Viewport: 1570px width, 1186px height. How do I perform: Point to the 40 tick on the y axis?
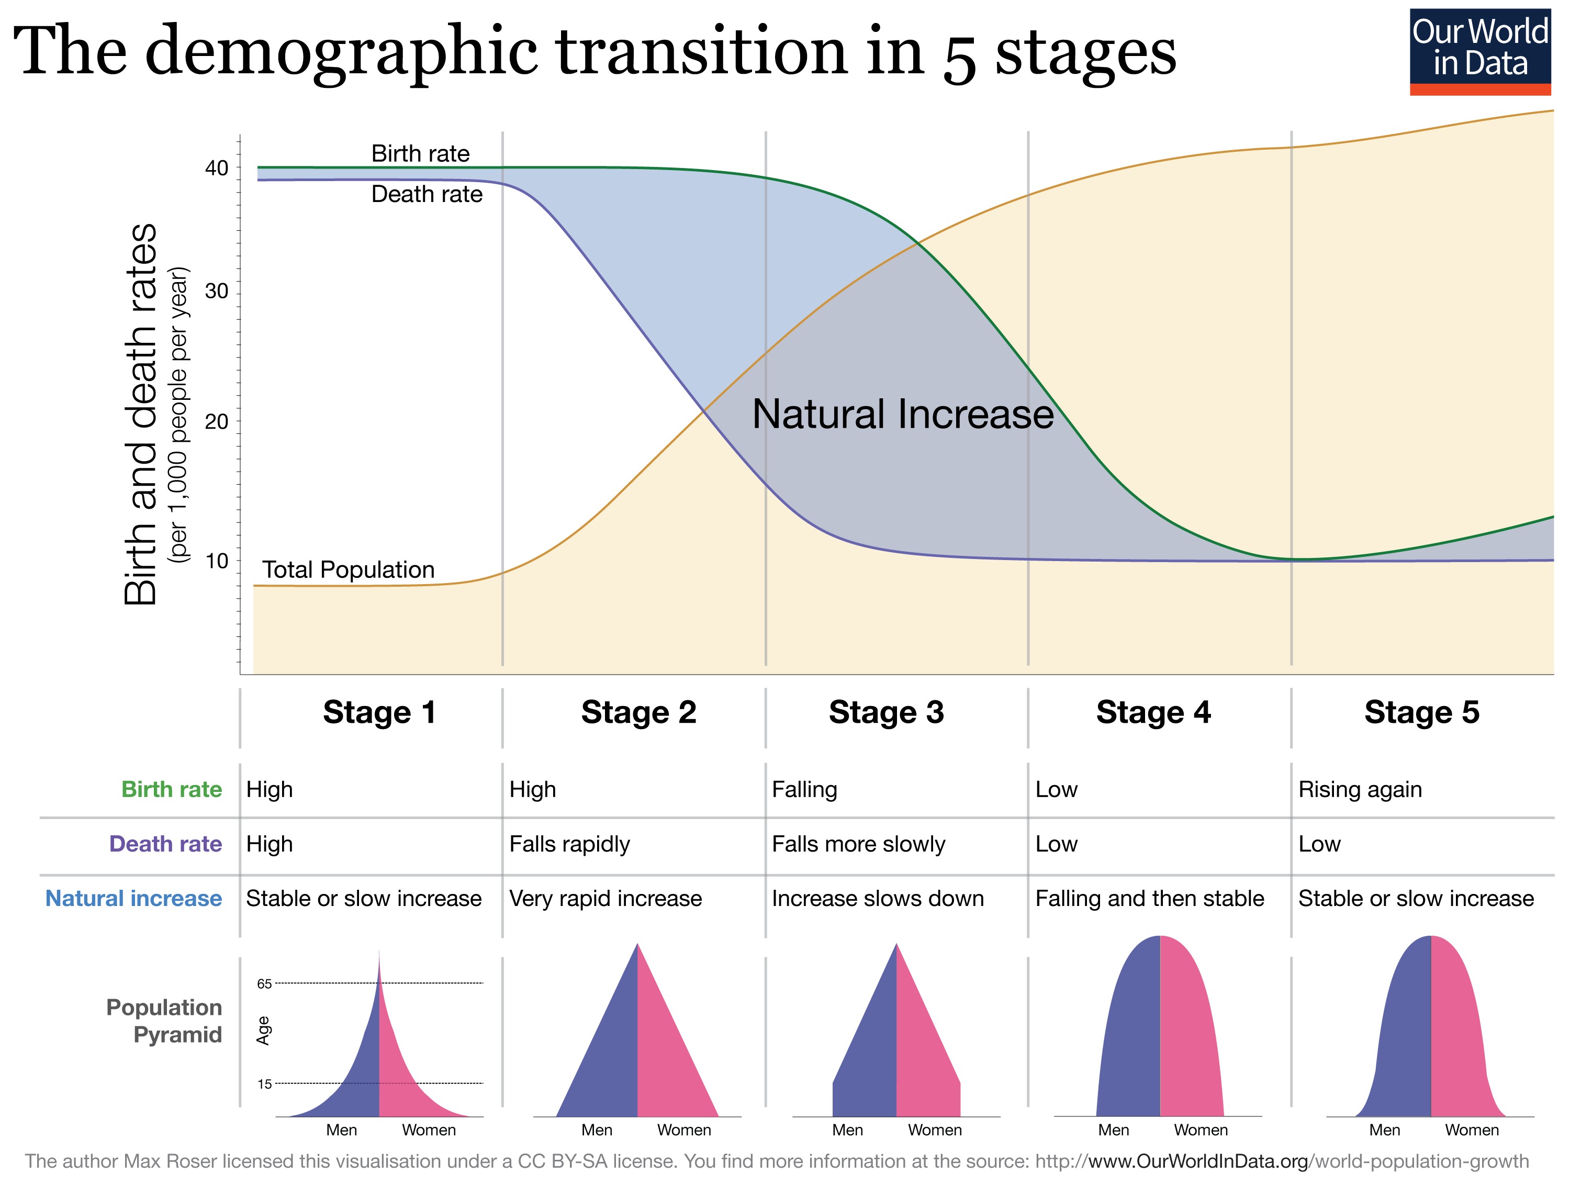217,168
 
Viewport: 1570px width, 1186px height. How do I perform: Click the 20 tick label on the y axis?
217,422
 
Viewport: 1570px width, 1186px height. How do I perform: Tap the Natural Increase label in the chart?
902,415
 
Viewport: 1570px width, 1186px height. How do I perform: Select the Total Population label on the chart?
348,570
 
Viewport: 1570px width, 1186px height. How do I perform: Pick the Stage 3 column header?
886,712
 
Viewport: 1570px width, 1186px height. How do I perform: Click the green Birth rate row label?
171,789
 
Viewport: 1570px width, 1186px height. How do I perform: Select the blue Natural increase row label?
133,899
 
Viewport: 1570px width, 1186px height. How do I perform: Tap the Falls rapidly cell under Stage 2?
569,844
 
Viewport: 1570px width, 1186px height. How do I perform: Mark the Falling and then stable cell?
1149,899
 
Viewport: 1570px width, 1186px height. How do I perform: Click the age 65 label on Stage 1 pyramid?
264,984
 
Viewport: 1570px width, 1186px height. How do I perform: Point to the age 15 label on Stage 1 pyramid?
264,1084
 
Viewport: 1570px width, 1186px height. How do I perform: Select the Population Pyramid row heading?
164,1021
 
